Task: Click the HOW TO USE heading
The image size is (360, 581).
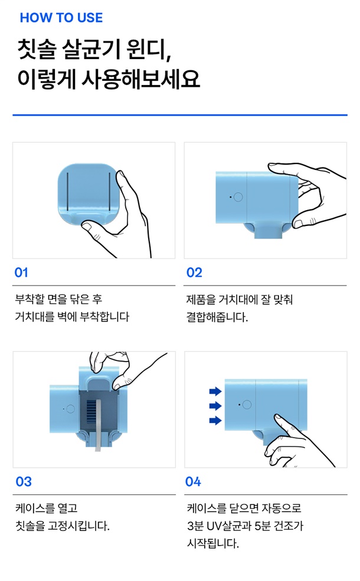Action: (61, 18)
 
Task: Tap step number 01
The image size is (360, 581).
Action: (21, 273)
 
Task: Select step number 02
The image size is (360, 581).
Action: (194, 273)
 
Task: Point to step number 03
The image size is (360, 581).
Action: (24, 481)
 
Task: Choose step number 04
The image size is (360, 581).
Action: (193, 481)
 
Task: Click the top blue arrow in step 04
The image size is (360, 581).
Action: (215, 391)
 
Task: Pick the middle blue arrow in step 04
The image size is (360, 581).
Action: (215, 406)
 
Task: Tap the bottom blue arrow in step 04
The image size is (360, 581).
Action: (215, 420)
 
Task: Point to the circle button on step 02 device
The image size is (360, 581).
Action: (238, 197)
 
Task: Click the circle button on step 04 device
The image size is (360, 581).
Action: (247, 405)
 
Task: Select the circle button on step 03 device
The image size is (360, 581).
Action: (70, 409)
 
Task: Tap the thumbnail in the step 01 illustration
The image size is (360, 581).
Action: (87, 226)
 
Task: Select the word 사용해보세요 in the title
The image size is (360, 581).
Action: (140, 79)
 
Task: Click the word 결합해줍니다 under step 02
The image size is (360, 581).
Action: (217, 317)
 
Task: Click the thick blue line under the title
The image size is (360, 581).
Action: (180, 115)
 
